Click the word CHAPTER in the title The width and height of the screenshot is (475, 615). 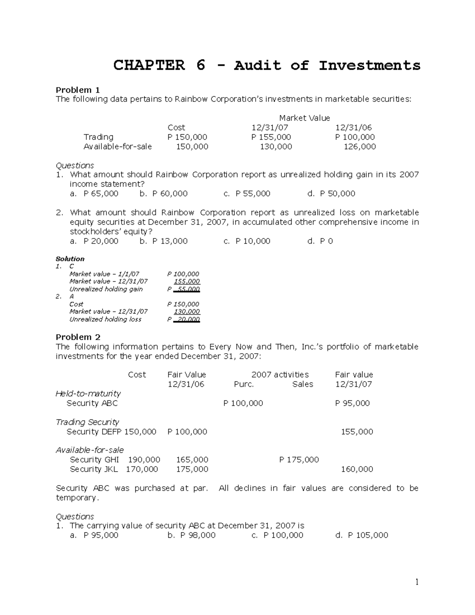[x=149, y=65]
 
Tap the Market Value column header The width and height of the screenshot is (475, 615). [x=304, y=118]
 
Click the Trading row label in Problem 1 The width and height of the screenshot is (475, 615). [x=98, y=137]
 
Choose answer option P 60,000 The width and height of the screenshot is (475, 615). [x=169, y=194]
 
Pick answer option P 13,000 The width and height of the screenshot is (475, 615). [x=169, y=241]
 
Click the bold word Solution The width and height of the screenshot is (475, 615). [x=70, y=259]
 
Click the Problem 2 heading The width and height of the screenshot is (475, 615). [x=78, y=337]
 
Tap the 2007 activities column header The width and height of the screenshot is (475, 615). [x=280, y=375]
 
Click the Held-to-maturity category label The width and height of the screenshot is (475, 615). [x=88, y=394]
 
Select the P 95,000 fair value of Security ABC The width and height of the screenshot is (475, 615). [x=352, y=403]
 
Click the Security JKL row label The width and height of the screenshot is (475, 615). [x=93, y=469]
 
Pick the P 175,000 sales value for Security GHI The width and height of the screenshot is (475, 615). [x=299, y=460]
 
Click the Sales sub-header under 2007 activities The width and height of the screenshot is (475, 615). [x=302, y=384]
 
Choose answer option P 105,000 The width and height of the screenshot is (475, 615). [x=368, y=535]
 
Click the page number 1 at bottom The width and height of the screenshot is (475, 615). [x=416, y=582]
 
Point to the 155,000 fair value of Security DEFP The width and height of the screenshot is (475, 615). [x=357, y=432]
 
